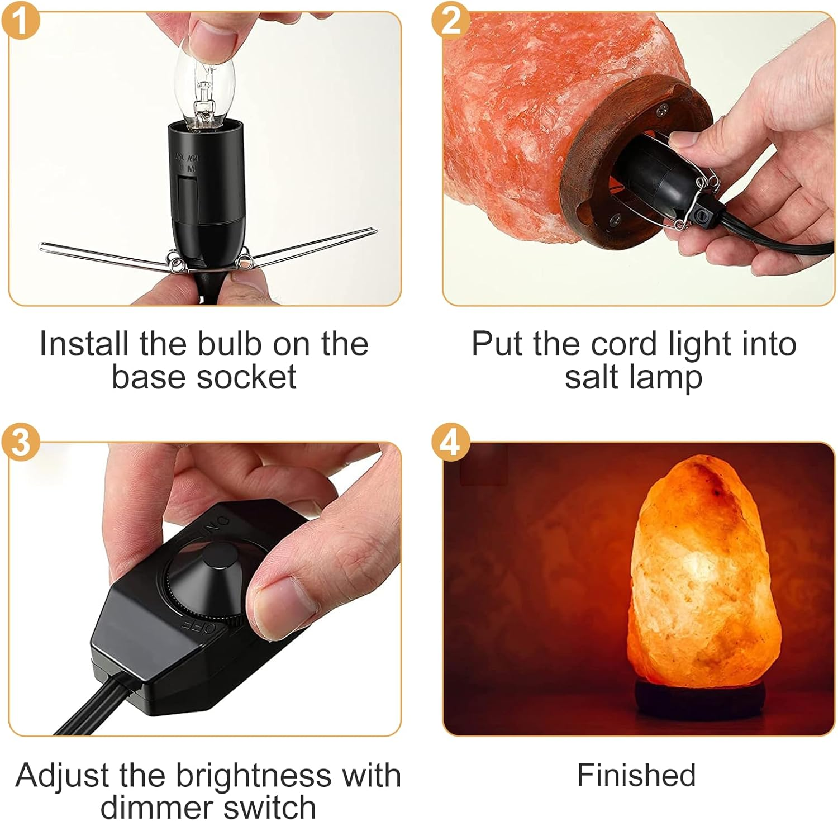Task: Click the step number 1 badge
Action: (21, 21)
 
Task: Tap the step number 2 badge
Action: (450, 21)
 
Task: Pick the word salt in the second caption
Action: (593, 377)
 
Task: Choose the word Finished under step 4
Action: (636, 775)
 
